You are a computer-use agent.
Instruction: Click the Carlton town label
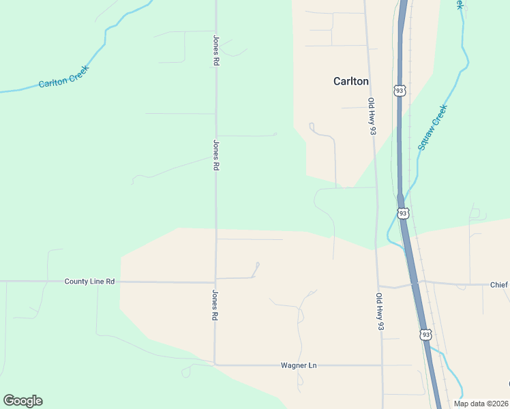coord(350,81)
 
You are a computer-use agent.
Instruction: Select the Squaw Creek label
coord(433,127)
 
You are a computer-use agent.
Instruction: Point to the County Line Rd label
coord(89,282)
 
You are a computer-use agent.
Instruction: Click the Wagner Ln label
coord(299,365)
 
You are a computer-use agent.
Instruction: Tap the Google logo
coord(22,401)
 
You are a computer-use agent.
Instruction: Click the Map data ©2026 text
coord(481,404)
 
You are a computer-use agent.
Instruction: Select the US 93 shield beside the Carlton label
coord(400,90)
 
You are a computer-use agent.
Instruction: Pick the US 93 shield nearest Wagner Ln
coord(425,334)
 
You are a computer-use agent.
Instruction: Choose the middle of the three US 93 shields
coord(403,214)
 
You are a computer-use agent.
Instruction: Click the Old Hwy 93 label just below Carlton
coord(372,116)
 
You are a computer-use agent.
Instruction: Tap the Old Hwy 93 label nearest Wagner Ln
coord(379,312)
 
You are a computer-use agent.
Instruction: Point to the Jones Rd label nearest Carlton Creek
coord(216,50)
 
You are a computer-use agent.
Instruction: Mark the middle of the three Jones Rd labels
coord(216,155)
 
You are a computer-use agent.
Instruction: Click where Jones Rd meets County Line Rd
coord(215,282)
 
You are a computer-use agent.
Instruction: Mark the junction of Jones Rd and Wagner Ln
coord(215,365)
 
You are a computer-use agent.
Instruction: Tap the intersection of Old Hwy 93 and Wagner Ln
coord(382,365)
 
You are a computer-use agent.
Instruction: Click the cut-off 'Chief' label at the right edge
coord(499,284)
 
